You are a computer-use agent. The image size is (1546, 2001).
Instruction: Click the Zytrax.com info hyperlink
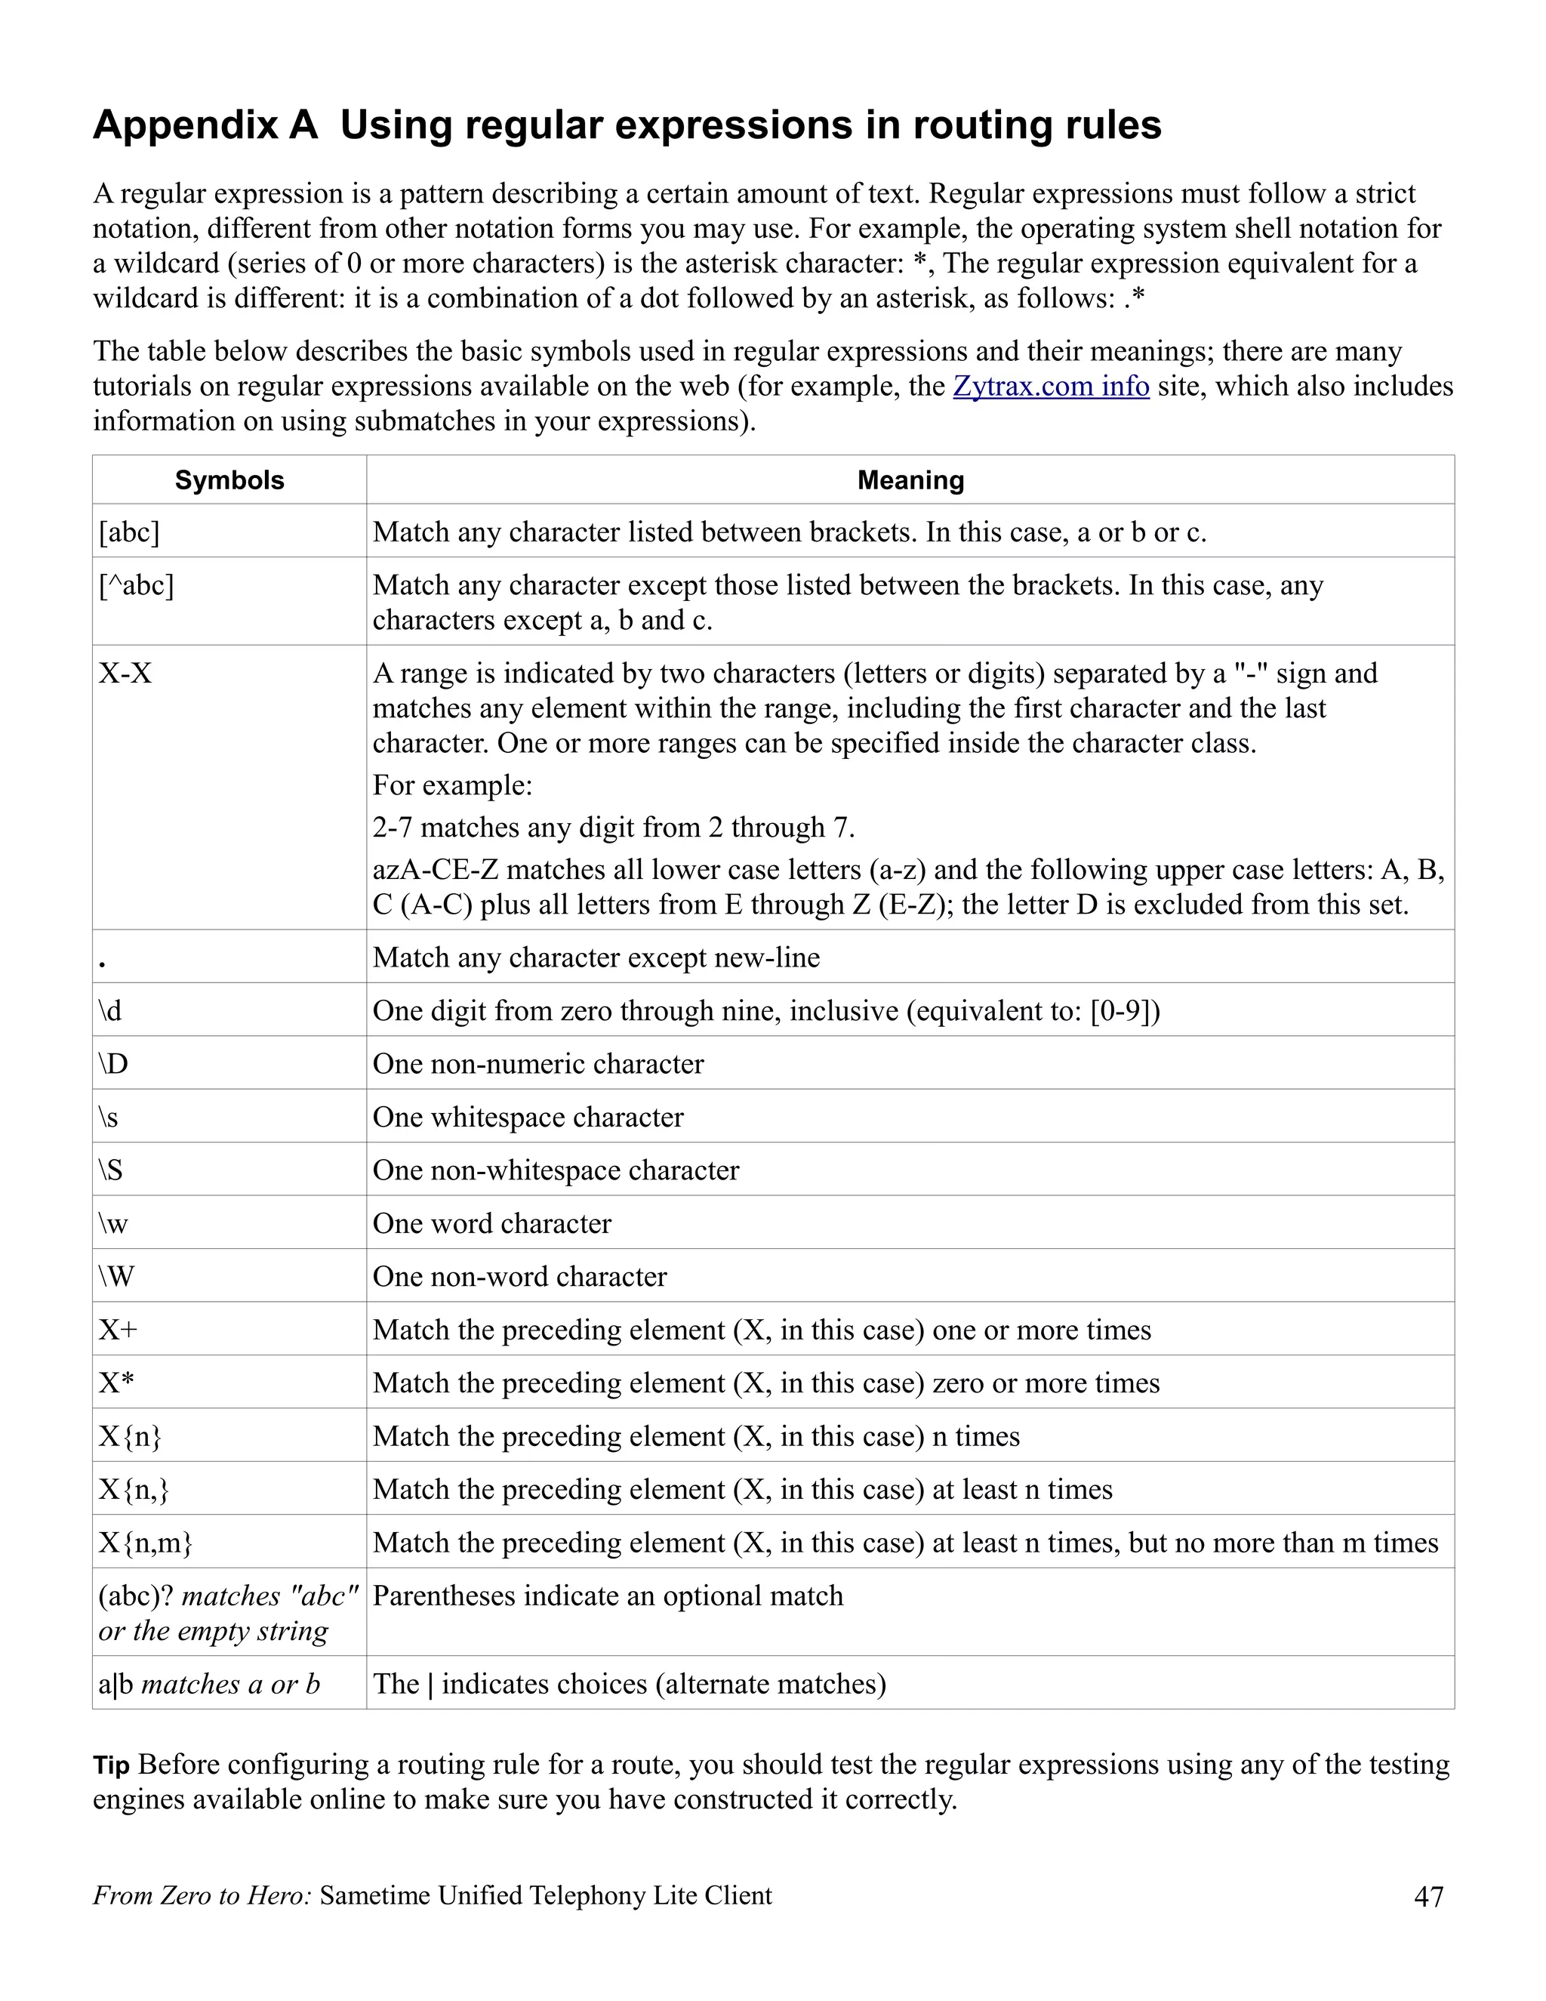tap(1051, 386)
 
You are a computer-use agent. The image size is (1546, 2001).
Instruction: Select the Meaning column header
tap(910, 480)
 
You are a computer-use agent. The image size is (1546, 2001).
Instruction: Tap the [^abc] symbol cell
tap(137, 584)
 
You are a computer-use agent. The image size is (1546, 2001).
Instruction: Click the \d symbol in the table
tap(110, 1010)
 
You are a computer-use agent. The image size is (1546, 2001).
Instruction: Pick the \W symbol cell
tap(116, 1276)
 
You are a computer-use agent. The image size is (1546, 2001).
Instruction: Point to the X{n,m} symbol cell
tap(146, 1543)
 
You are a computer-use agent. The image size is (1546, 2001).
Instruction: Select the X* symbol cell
tap(116, 1383)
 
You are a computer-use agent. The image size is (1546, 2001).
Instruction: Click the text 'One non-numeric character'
tap(537, 1064)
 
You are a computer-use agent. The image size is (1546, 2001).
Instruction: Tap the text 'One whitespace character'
tap(528, 1117)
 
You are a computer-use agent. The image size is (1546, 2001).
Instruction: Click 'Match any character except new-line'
tap(596, 957)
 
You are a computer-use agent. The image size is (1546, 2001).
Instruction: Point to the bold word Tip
tap(111, 1765)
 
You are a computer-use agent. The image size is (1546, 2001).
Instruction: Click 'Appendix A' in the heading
tap(205, 125)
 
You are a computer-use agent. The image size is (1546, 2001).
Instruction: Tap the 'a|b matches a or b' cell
tap(209, 1684)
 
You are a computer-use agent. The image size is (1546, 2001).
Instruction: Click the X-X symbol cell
tap(125, 674)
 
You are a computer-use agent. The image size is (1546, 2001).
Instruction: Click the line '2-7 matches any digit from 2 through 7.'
tap(614, 828)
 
